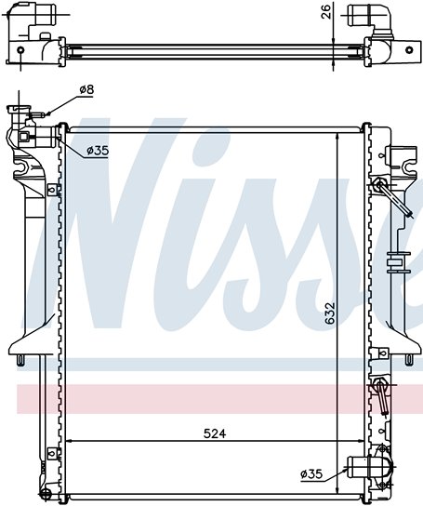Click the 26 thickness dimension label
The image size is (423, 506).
(x=327, y=11)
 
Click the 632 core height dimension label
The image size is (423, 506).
(x=330, y=313)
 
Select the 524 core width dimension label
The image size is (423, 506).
(x=215, y=433)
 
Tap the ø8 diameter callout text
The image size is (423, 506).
(x=86, y=89)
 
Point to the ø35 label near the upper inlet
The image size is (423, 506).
(x=98, y=150)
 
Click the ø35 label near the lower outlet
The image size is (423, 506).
(x=311, y=474)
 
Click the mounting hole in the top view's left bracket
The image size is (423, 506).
(x=20, y=50)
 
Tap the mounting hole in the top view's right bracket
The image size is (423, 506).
(x=409, y=50)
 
